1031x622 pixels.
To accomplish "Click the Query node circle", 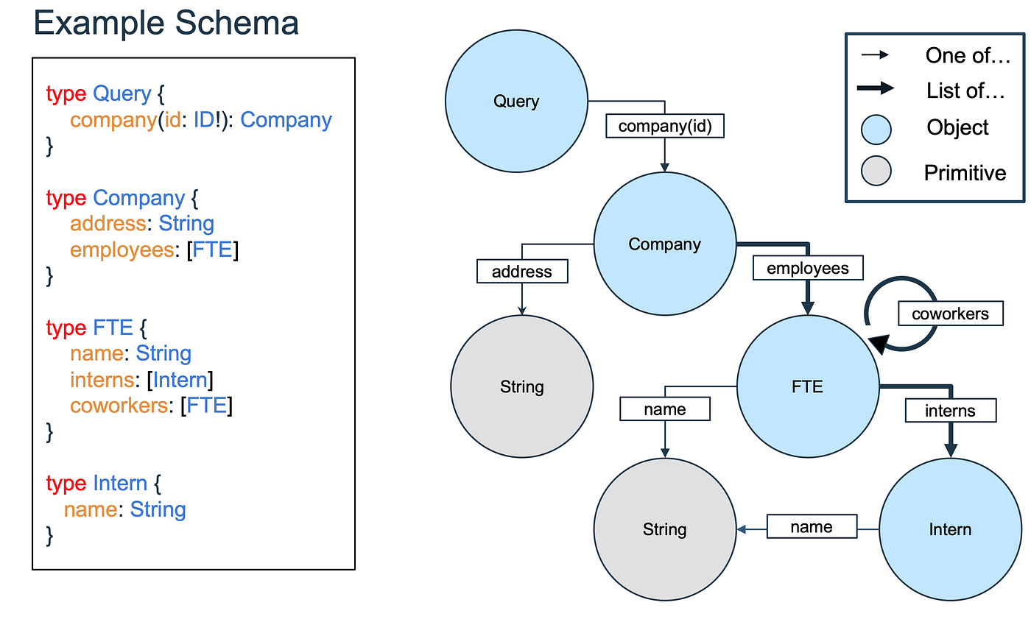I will tap(516, 102).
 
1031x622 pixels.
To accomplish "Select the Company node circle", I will tap(664, 244).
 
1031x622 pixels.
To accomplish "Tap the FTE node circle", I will tap(808, 386).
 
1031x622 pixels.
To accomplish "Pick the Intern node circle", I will tap(950, 529).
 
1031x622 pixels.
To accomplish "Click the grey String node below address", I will tap(521, 386).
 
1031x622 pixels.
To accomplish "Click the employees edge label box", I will tap(808, 269).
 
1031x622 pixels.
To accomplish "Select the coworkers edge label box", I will tap(950, 314).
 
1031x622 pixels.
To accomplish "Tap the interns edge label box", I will tap(950, 410).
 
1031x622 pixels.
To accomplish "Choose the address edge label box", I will tap(521, 272).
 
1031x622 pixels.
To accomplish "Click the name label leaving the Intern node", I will tap(812, 527).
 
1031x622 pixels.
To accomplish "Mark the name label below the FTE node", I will tap(664, 409).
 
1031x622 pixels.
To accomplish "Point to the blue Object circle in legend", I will tap(876, 130).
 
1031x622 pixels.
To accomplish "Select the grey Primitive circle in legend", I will tap(876, 172).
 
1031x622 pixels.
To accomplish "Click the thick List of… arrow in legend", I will tap(876, 89).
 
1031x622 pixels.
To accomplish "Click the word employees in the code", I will tap(122, 250).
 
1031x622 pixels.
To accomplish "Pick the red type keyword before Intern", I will tap(66, 484).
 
